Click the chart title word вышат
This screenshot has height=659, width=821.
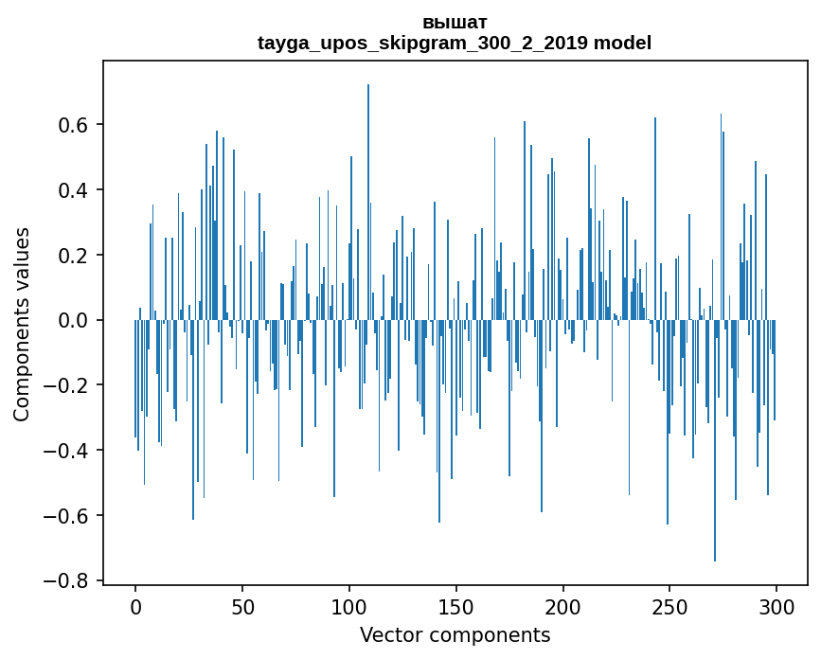pyautogui.click(x=455, y=22)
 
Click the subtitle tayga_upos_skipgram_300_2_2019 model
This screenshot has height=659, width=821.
pyautogui.click(x=455, y=44)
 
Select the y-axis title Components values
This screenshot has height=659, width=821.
pyautogui.click(x=22, y=324)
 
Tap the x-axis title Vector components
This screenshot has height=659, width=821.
pyautogui.click(x=455, y=634)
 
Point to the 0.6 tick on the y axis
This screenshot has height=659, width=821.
pyautogui.click(x=75, y=125)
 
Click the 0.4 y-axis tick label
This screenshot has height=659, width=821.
pyautogui.click(x=75, y=190)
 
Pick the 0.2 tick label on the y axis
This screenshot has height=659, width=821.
pyautogui.click(x=75, y=256)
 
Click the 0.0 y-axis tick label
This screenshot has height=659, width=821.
pyautogui.click(x=75, y=321)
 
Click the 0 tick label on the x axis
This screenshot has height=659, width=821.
pyautogui.click(x=135, y=606)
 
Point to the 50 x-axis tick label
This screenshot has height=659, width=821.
pyautogui.click(x=242, y=606)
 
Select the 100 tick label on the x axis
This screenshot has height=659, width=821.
pyautogui.click(x=349, y=606)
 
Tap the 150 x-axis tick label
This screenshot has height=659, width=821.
pyautogui.click(x=456, y=606)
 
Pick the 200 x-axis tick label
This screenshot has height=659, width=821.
pyautogui.click(x=563, y=606)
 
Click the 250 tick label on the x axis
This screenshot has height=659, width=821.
pyautogui.click(x=669, y=606)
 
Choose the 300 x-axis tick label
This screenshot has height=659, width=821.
pyautogui.click(x=776, y=606)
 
